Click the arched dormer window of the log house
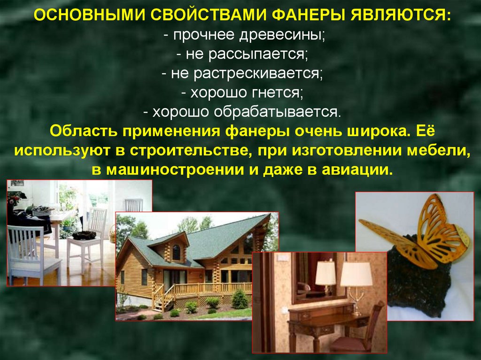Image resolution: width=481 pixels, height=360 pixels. (x=176, y=253)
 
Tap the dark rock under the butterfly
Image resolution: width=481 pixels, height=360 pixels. (x=413, y=286)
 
